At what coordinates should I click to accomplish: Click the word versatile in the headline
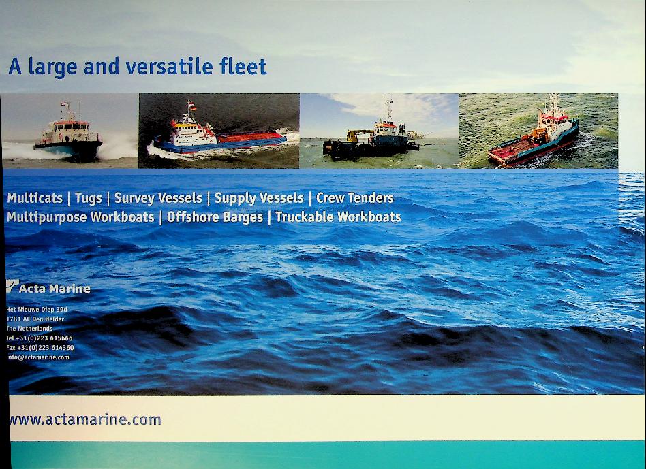[x=169, y=67]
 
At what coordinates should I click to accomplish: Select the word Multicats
[x=35, y=198]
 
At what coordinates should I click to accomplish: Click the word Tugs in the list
[x=88, y=198]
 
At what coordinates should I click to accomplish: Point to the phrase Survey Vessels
[x=158, y=198]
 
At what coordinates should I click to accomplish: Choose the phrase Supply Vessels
[x=259, y=198]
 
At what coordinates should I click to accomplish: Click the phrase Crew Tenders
[x=355, y=198]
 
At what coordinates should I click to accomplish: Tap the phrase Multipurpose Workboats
[x=80, y=217]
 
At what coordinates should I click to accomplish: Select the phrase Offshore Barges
[x=215, y=217]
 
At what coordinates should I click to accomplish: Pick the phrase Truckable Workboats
[x=338, y=217]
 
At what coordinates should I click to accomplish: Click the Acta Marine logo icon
[x=12, y=286]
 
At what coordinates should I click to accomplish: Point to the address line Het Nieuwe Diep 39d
[x=36, y=309]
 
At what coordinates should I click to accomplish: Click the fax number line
[x=40, y=348]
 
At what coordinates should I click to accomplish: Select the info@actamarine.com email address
[x=38, y=357]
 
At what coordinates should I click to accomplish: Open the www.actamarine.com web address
[x=85, y=419]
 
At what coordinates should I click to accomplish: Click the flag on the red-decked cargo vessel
[x=192, y=107]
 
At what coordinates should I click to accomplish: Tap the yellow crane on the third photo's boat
[x=355, y=135]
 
